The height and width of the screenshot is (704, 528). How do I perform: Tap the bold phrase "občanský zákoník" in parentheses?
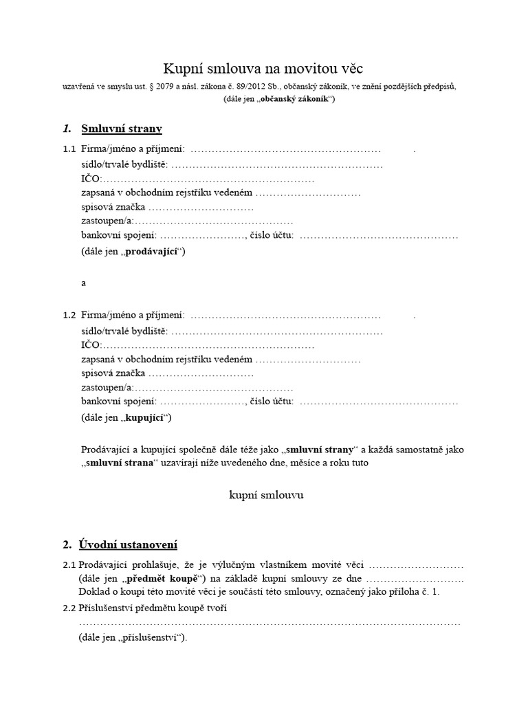(291, 99)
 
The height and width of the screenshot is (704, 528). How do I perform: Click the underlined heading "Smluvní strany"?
(122, 129)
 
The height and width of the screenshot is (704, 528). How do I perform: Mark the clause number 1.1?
(69, 150)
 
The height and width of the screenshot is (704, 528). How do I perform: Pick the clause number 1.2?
(69, 316)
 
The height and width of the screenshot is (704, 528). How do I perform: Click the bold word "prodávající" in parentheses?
(154, 252)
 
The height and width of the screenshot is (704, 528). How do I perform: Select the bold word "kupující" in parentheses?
(146, 417)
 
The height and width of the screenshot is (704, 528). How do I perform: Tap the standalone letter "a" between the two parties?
(84, 283)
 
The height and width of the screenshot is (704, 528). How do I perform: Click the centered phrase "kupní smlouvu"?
(265, 495)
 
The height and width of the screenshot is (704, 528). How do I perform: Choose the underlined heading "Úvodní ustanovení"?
(129, 545)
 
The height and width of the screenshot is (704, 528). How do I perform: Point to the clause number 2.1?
(69, 565)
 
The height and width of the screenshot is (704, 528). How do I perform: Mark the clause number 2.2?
(69, 608)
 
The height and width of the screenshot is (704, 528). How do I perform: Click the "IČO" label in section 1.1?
(90, 179)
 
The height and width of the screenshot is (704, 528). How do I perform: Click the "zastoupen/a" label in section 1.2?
(107, 388)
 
